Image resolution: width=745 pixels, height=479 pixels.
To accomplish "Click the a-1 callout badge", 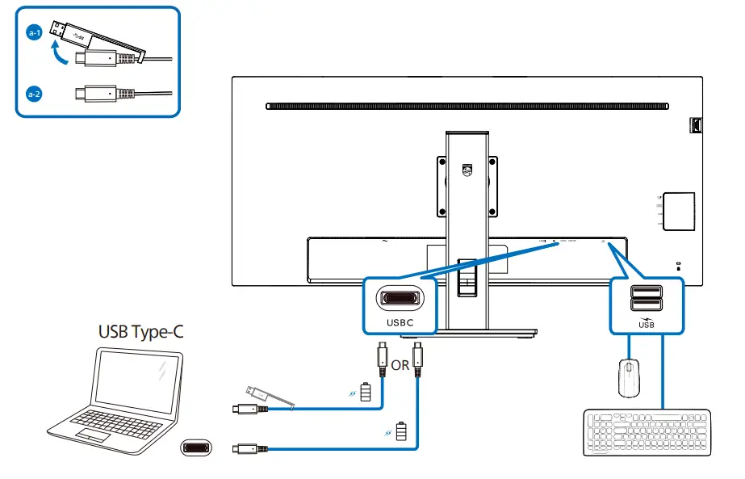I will [x=33, y=33].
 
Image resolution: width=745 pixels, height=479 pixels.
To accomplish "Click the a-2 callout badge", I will [x=33, y=94].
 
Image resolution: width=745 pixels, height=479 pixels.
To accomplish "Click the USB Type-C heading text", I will [x=141, y=331].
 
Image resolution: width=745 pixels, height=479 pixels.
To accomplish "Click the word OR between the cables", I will [x=400, y=365].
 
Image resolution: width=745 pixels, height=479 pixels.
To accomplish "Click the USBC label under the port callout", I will [x=400, y=321].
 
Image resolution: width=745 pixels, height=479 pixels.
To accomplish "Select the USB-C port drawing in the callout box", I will [x=400, y=299].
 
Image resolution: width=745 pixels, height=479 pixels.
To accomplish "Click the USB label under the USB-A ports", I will [x=647, y=324].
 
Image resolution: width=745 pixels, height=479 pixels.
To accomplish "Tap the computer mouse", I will [x=628, y=378].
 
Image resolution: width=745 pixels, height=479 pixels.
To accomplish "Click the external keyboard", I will [x=647, y=433].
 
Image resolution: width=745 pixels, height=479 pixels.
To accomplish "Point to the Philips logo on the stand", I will [x=467, y=171].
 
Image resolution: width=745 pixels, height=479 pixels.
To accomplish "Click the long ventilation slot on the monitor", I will [x=467, y=106].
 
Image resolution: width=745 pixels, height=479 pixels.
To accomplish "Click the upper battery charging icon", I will [x=368, y=393].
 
